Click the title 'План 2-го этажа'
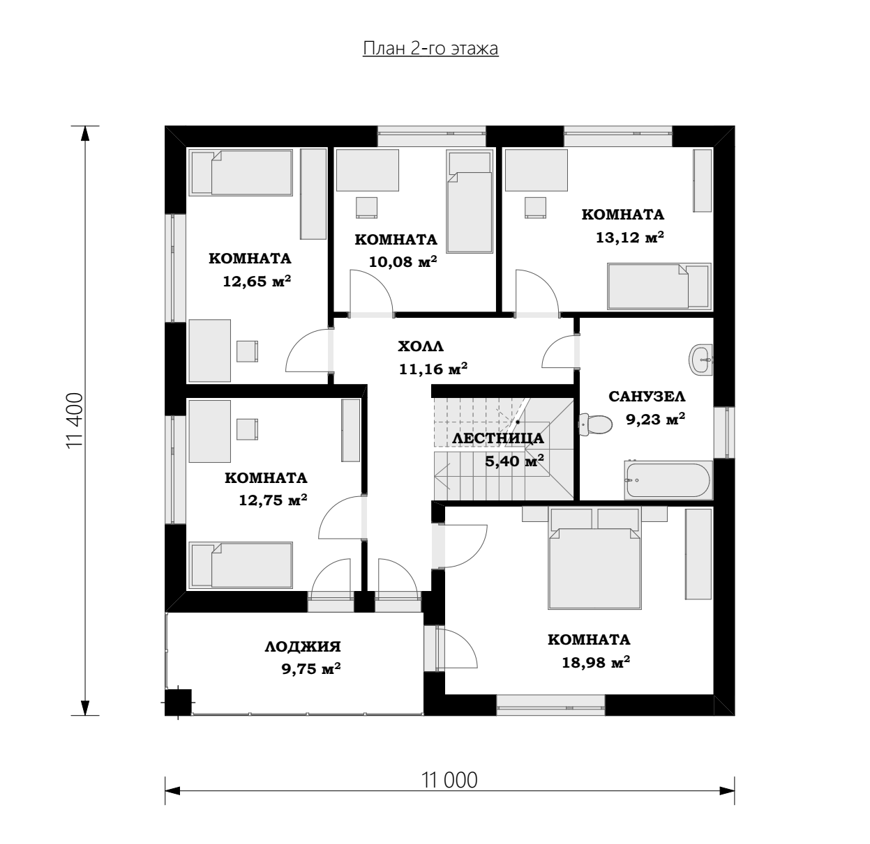(430, 48)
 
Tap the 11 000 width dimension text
(449, 780)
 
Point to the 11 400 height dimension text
(75, 420)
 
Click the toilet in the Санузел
(595, 424)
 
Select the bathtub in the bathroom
(668, 480)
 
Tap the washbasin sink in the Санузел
(701, 360)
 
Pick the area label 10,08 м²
(403, 261)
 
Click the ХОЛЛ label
(421, 346)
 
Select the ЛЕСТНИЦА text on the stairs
(498, 438)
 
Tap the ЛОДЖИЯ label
(303, 647)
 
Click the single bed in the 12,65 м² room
(241, 172)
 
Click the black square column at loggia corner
(178, 703)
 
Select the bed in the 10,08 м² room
(470, 201)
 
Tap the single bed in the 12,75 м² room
(241, 565)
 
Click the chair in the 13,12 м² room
(535, 208)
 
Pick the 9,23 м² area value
(655, 419)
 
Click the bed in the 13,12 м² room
(659, 286)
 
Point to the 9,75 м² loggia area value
(310, 668)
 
